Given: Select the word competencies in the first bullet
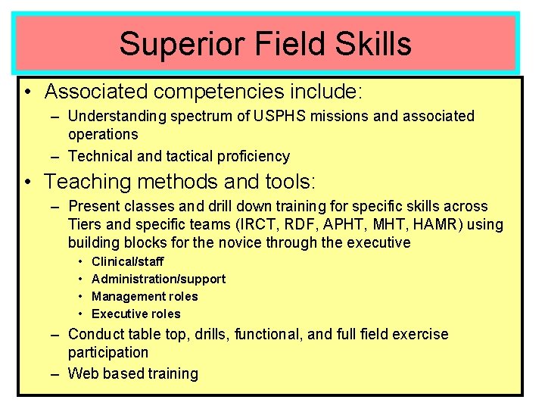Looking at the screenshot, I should (x=216, y=92).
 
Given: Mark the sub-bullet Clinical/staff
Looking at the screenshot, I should (x=127, y=261).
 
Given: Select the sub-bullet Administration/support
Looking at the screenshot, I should (x=158, y=279).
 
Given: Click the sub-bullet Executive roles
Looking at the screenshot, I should (x=135, y=314).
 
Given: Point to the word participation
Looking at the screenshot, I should (x=108, y=352).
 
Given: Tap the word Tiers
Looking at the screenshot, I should (x=86, y=224).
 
